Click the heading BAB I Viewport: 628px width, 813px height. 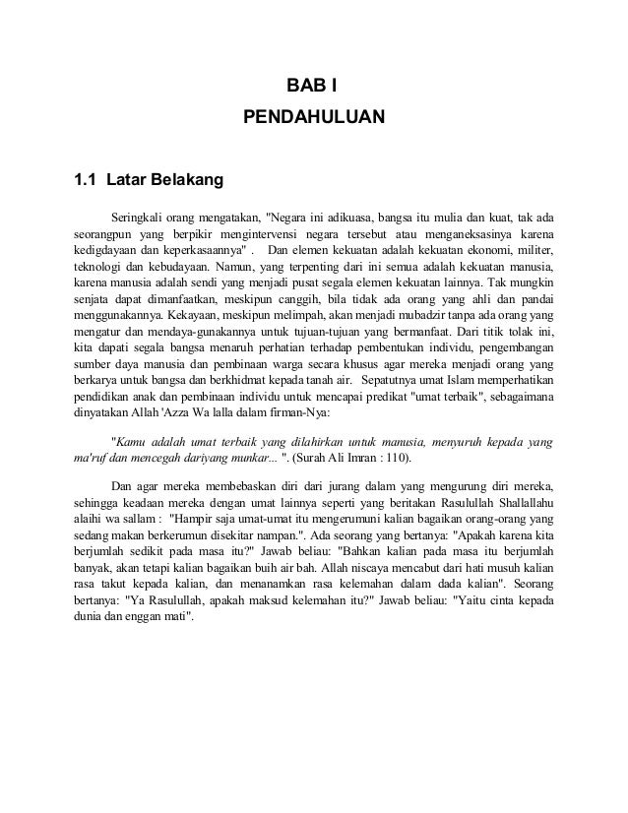(x=313, y=83)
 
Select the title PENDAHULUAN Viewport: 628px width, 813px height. (x=313, y=119)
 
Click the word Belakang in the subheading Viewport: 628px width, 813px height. (x=164, y=180)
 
